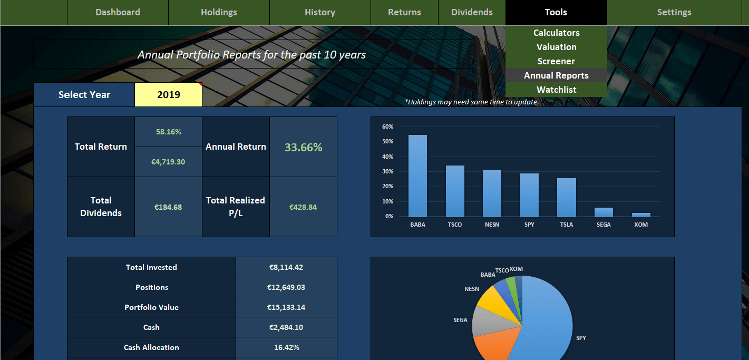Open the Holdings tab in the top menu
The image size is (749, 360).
click(x=219, y=12)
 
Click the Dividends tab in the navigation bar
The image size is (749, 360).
click(x=472, y=12)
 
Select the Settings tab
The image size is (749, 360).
click(x=674, y=12)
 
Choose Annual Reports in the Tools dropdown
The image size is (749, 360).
click(x=556, y=75)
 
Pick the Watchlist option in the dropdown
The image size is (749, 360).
click(x=556, y=90)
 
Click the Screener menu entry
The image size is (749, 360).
click(x=556, y=61)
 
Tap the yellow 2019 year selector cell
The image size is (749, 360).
click(x=169, y=95)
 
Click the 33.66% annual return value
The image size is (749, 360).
click(x=303, y=147)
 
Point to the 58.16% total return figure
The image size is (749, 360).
click(x=168, y=132)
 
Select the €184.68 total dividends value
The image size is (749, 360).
click(x=168, y=207)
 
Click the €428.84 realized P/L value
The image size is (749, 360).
click(x=303, y=207)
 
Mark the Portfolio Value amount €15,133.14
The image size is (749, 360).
click(x=286, y=307)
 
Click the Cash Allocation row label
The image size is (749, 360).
click(x=151, y=347)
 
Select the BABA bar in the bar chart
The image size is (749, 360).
click(x=417, y=176)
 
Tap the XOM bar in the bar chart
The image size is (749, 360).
click(x=641, y=215)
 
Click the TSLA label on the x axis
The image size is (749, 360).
click(x=566, y=225)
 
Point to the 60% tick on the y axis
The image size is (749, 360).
click(x=387, y=127)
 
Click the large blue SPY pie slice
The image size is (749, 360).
click(x=548, y=322)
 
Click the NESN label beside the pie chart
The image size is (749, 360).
click(x=472, y=289)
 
